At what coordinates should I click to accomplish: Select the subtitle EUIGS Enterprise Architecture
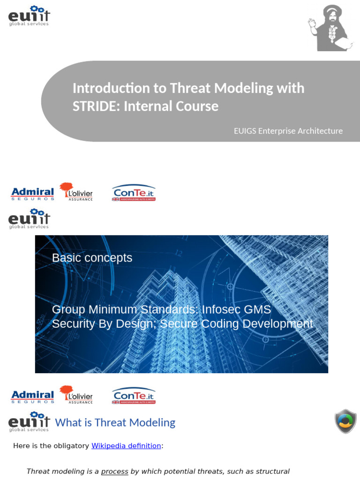(x=288, y=131)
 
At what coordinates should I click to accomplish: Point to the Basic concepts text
(x=92, y=258)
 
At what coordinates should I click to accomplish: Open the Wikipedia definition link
(x=126, y=446)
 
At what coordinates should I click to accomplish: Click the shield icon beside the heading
(x=345, y=421)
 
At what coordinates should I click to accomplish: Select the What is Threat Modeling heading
(x=115, y=423)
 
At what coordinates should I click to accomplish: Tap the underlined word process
(x=114, y=472)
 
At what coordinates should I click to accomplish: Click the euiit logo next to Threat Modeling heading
(x=29, y=421)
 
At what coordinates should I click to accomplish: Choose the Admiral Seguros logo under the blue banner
(x=32, y=397)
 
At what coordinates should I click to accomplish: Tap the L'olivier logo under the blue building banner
(x=76, y=395)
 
